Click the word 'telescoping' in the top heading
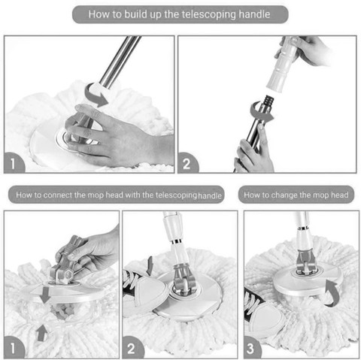(208, 14)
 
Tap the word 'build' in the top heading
(135, 14)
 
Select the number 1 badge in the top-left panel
(14, 163)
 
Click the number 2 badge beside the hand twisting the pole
(187, 163)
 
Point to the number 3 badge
(251, 348)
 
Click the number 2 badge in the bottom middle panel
(132, 348)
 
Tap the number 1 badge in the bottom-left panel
(14, 348)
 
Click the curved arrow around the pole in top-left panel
(95, 96)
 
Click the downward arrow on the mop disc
(45, 295)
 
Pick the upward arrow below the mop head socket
(42, 332)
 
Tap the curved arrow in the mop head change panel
(333, 294)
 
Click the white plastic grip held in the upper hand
(282, 64)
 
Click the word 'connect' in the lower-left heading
(58, 195)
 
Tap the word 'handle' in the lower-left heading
(210, 195)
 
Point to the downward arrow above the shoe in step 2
(150, 265)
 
